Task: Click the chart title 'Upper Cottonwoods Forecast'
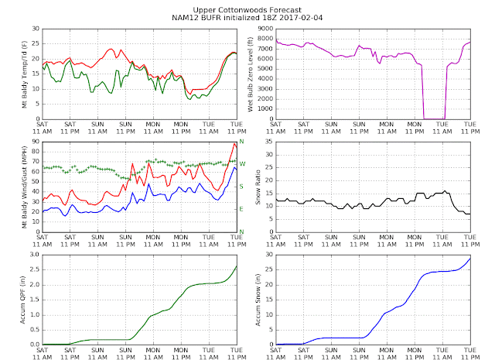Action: [x=247, y=7]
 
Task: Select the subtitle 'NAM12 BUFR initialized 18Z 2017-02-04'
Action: [x=247, y=15]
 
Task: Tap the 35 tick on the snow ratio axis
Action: [x=267, y=142]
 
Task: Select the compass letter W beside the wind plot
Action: [x=241, y=164]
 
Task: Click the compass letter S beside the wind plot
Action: [x=241, y=187]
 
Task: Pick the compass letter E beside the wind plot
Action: [x=241, y=209]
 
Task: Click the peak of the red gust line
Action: [x=234, y=143]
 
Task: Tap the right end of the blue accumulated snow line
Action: [x=469, y=258]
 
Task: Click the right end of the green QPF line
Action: [x=237, y=266]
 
